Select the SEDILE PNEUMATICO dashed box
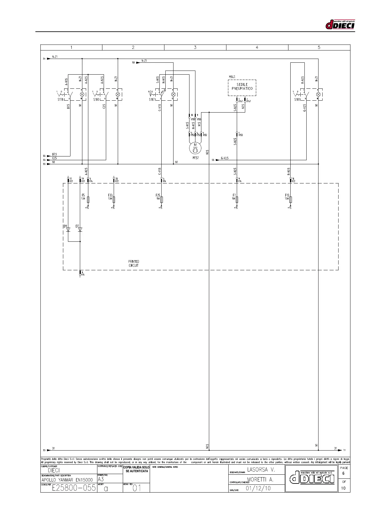[242, 87]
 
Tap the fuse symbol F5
[88, 199]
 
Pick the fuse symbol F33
[114, 199]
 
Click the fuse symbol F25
[162, 199]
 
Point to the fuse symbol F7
[237, 199]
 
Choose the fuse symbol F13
[291, 199]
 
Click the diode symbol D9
[68, 230]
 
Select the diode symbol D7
[80, 230]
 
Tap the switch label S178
[60, 99]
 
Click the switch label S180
[96, 99]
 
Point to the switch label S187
[152, 99]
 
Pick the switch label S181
[297, 99]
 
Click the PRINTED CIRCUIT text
[134, 263]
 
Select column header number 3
[195, 47]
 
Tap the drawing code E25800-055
[74, 488]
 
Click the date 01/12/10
[258, 488]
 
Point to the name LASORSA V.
[261, 470]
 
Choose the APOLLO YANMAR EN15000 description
[67, 480]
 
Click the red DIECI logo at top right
[340, 24]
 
